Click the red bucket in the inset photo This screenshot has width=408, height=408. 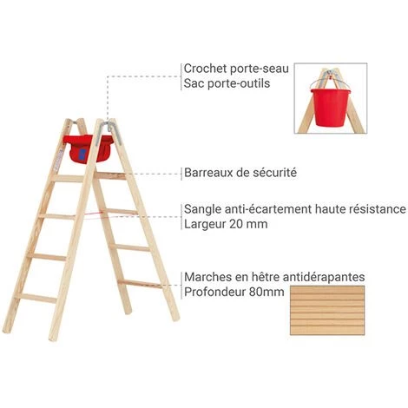tap(330, 108)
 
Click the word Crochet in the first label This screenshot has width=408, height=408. tap(205, 69)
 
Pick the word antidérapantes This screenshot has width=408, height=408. tap(324, 277)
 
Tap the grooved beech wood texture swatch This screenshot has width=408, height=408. tap(327, 310)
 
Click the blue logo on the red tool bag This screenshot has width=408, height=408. tap(82, 155)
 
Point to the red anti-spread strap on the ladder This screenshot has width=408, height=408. tap(89, 214)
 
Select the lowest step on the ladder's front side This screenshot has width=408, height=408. tap(36, 298)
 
